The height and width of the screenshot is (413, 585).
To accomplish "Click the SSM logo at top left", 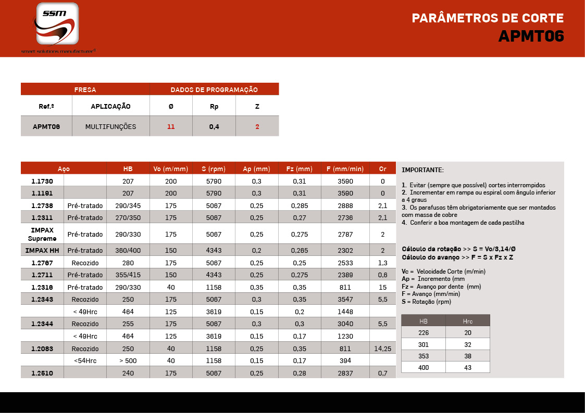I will click(57, 24).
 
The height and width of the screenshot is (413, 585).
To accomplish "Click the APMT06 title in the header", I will click(531, 36).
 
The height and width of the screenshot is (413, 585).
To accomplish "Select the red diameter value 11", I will click(171, 126).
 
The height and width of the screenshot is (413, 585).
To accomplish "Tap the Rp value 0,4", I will click(214, 126).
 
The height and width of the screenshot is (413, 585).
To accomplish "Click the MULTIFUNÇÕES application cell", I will click(110, 126).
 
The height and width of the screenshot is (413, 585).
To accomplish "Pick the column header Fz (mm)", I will click(300, 169).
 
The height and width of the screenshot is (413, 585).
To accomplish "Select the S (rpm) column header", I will click(214, 169).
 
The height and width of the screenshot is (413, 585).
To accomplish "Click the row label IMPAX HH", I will click(42, 250).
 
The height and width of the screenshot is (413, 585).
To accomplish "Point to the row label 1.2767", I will click(42, 263).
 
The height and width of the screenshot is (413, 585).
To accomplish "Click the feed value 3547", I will click(345, 300).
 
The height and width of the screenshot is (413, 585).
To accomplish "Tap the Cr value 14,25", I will click(383, 349).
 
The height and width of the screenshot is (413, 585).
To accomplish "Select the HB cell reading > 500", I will click(128, 360).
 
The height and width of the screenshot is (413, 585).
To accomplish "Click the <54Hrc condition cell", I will click(85, 360).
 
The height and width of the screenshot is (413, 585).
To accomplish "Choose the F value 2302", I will click(345, 250).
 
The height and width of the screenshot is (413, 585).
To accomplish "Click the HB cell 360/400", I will click(128, 250).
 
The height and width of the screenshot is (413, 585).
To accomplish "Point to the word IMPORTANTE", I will click(422, 170).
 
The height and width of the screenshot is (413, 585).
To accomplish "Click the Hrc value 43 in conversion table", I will click(467, 367).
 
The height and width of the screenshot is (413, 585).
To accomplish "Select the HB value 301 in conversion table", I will click(423, 344).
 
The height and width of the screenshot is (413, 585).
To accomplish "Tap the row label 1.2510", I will click(42, 373).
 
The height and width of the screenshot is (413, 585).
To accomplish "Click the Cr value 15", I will click(383, 287).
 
